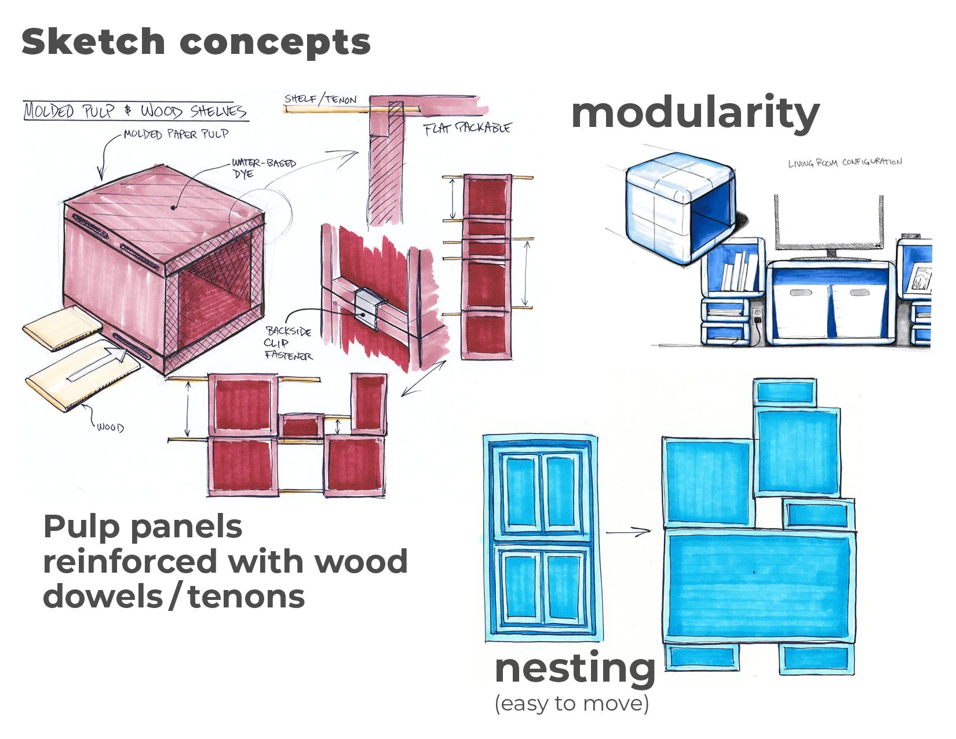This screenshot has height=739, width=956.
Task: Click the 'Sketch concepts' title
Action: (x=195, y=42)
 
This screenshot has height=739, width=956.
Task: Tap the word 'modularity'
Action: (x=695, y=113)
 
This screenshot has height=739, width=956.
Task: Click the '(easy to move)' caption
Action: (x=571, y=704)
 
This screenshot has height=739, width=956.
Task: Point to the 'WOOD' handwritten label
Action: (x=110, y=427)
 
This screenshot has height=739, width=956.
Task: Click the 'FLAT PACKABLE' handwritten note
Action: (x=467, y=128)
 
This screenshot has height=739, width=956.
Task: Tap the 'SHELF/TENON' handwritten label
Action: (x=320, y=99)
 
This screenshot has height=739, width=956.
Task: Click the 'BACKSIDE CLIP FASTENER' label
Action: (x=289, y=343)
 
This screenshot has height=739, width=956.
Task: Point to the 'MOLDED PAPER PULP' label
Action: (x=176, y=134)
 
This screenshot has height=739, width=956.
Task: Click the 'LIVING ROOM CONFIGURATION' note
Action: (x=844, y=162)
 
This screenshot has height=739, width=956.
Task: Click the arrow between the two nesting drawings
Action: (x=628, y=531)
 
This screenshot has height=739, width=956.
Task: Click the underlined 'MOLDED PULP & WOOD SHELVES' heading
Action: (x=136, y=111)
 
